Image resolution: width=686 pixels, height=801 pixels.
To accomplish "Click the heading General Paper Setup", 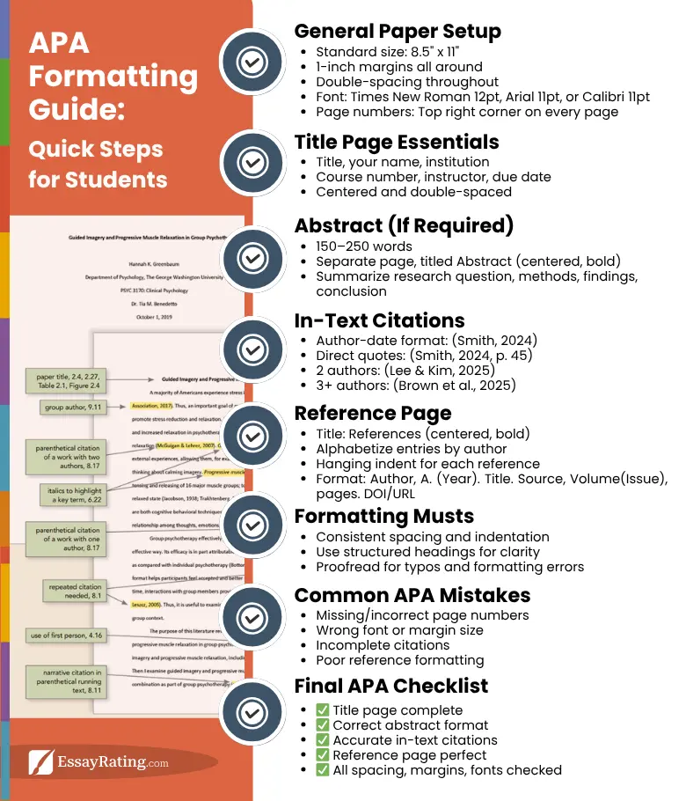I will click(398, 32).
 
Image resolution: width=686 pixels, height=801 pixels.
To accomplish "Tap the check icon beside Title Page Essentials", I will click(252, 163).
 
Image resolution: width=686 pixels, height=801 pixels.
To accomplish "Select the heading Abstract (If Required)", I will click(404, 225).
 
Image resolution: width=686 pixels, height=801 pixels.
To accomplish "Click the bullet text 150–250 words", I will click(364, 246).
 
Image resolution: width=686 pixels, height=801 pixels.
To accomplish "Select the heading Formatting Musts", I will click(384, 516).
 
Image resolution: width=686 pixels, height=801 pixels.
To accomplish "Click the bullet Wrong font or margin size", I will click(399, 630).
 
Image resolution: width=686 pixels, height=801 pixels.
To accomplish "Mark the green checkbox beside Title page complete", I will click(322, 710).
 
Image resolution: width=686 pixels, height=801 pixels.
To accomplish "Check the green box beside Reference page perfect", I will click(322, 755).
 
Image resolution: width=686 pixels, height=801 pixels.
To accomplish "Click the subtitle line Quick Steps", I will click(95, 149).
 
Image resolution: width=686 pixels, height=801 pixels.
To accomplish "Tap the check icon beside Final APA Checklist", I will click(252, 711).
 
